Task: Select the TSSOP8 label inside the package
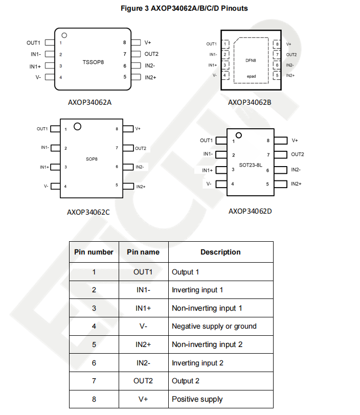(x=93, y=62)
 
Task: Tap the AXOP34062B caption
(x=250, y=102)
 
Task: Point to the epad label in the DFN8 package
(x=251, y=76)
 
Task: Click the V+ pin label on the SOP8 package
(x=138, y=128)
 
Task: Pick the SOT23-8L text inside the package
(x=250, y=165)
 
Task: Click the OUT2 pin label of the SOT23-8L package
(x=298, y=154)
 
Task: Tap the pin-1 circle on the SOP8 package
(x=78, y=126)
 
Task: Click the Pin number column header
(x=94, y=252)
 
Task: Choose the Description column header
(x=220, y=252)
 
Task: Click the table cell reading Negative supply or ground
(x=214, y=326)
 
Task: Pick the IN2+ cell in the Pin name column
(x=143, y=344)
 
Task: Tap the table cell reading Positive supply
(x=197, y=399)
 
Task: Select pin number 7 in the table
(x=94, y=381)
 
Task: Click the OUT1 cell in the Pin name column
(x=143, y=272)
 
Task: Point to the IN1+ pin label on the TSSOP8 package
(x=35, y=66)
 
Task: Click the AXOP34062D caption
(x=250, y=211)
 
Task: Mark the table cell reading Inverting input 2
(x=197, y=363)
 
